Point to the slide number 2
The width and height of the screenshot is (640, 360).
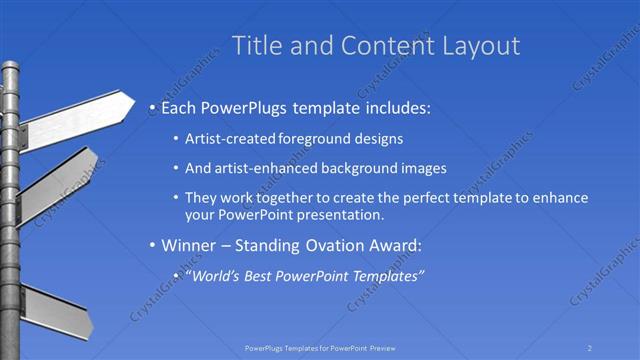pyautogui.click(x=590, y=347)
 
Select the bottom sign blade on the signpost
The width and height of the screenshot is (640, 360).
pyautogui.click(x=56, y=309)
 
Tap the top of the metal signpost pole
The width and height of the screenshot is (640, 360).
pyautogui.click(x=10, y=68)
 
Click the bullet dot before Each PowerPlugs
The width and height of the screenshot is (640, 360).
pyautogui.click(x=151, y=107)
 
